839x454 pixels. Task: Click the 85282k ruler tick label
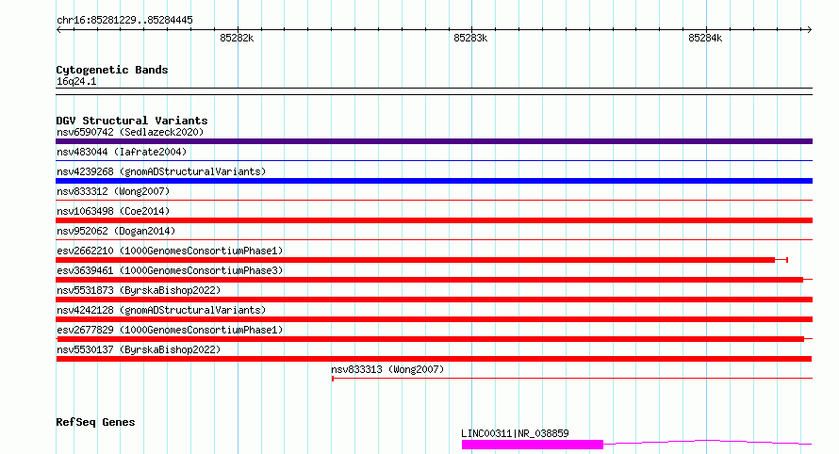tap(237, 38)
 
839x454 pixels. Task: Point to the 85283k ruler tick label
tap(470, 38)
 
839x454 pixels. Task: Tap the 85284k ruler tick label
tap(705, 38)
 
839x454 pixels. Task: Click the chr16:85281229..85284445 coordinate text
tap(124, 20)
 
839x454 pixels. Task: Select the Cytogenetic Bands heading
tap(112, 70)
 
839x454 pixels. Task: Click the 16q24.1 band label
tap(76, 81)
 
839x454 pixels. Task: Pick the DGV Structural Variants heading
tap(132, 121)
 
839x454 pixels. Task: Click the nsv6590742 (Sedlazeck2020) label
tap(130, 132)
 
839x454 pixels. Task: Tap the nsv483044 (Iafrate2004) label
tap(122, 152)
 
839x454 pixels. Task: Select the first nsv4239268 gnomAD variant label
tap(161, 171)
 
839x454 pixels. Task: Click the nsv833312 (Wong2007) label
tap(113, 191)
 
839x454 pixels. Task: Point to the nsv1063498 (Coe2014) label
tap(113, 211)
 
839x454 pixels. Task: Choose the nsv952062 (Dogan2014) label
tap(116, 231)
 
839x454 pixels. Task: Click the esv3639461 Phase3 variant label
tap(170, 270)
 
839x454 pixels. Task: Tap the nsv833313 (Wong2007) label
tap(387, 369)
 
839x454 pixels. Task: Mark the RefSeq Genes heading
tap(95, 422)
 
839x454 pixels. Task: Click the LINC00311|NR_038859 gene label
tap(515, 433)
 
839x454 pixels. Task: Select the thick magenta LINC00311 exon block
tap(533, 445)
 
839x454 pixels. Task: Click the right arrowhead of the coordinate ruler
tap(810, 29)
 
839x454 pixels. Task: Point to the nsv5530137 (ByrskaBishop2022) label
tap(139, 349)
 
